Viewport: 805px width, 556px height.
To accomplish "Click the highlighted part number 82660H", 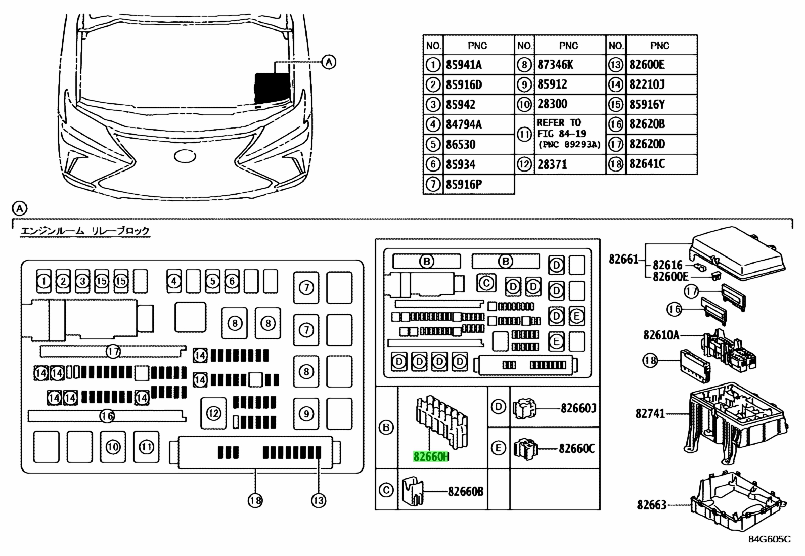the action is point(430,457).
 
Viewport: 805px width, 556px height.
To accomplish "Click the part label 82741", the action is point(650,413).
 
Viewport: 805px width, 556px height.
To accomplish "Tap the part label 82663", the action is point(652,505).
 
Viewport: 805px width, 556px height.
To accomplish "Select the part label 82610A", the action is point(661,335).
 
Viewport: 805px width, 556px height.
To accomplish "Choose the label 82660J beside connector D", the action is point(578,408).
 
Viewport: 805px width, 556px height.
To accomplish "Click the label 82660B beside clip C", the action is point(465,491).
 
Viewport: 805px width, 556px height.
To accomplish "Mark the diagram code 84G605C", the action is point(770,539).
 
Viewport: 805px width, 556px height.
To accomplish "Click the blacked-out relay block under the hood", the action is point(272,88).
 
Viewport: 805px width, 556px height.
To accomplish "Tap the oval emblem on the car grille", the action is point(185,156).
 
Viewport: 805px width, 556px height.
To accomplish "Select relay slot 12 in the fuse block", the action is point(213,413).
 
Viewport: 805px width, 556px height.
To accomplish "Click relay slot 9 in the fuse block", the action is point(306,413).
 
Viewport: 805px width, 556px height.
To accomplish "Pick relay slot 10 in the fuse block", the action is point(113,447).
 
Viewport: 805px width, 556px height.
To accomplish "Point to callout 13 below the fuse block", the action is point(319,500).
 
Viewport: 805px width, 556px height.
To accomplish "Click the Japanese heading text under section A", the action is point(85,231).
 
